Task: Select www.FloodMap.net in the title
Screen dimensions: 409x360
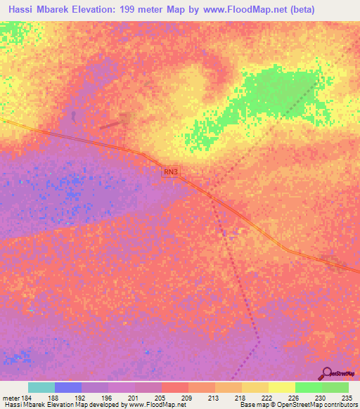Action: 234,10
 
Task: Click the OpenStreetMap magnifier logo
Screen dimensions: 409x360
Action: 327,373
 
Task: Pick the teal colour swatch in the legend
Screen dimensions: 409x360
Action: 41,387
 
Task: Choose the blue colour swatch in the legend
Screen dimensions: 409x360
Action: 68,387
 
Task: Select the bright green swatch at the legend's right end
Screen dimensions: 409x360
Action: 335,387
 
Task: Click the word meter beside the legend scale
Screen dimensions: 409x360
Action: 11,397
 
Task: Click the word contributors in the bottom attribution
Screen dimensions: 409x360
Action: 337,405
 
